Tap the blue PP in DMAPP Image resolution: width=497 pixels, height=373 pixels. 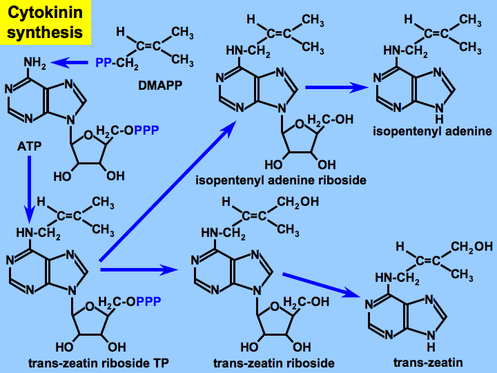pyautogui.click(x=103, y=64)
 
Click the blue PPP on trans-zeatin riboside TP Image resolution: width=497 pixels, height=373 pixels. pyautogui.click(x=148, y=302)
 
